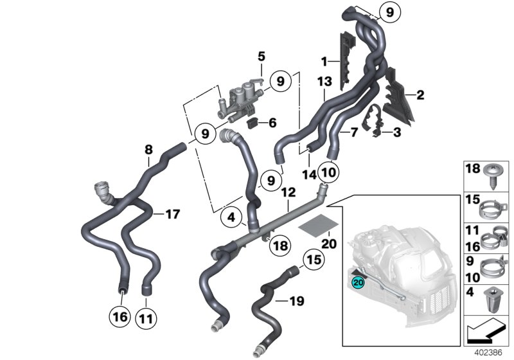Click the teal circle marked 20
coord(358,280)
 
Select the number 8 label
coord(148,150)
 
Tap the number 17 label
coord(173,213)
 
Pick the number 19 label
coord(296,300)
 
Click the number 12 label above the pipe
coord(287,192)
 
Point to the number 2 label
coord(420,95)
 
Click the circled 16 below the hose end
coord(121,317)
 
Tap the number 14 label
coord(310,174)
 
